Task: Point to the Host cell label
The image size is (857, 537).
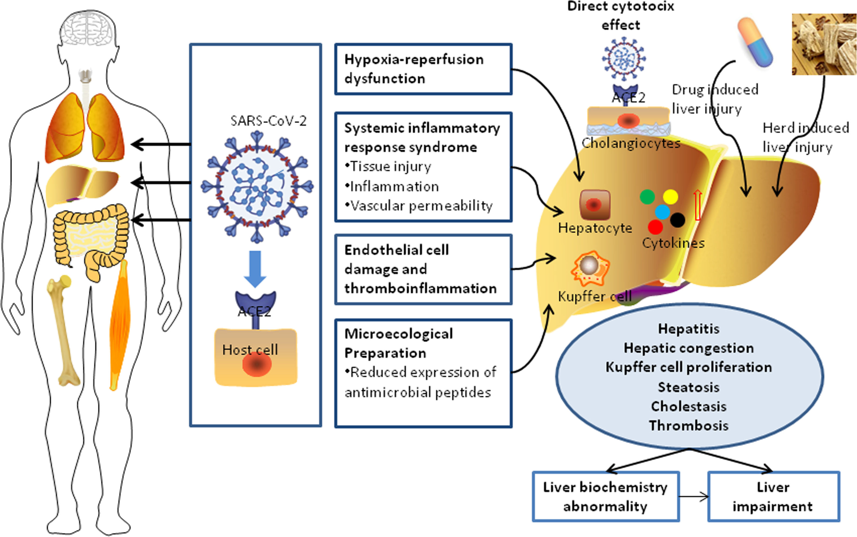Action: pos(250,350)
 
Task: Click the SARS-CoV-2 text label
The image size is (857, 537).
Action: pos(268,121)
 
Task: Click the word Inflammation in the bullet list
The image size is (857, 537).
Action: pos(394,186)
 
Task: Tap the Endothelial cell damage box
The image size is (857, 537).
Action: pos(423,269)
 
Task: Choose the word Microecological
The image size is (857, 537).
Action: pos(399,334)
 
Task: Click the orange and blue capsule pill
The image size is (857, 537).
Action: pos(755,42)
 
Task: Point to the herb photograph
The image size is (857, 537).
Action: pos(824,44)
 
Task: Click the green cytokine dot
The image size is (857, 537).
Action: pos(647,197)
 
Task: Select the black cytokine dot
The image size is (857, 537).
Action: pos(678,220)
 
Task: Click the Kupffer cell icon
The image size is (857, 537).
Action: pos(590,268)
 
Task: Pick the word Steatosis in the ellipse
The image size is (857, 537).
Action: pos(688,387)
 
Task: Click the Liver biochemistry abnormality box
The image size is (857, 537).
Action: pos(606,496)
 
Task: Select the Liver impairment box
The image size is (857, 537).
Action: pos(773,496)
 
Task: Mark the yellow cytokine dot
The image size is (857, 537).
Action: pos(670,197)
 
